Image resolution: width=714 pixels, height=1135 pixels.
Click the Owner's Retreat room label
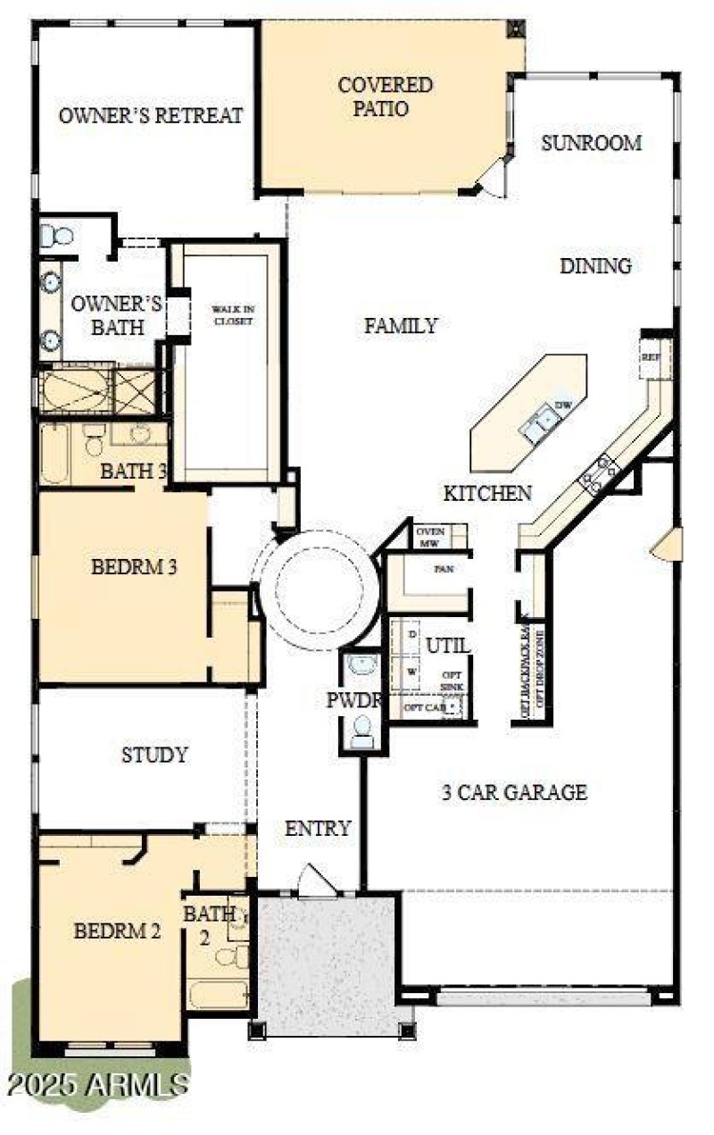tap(151, 115)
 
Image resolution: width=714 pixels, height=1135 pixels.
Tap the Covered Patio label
tap(386, 97)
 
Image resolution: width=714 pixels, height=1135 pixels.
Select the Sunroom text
tap(591, 143)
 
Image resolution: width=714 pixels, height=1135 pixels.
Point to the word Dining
tap(595, 265)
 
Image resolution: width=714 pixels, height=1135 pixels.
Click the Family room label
tap(401, 326)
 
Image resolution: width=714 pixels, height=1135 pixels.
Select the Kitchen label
tap(488, 493)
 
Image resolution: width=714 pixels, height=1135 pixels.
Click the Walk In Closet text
tap(232, 314)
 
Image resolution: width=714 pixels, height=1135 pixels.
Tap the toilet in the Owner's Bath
tap(57, 237)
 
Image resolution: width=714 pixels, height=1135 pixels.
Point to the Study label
tap(154, 755)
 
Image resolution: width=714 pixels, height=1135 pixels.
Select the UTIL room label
tap(447, 645)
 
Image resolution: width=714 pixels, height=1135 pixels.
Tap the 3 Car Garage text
tap(514, 791)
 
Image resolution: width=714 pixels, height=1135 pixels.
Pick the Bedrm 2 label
tap(117, 931)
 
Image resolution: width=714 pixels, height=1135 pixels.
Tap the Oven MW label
tap(430, 537)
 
